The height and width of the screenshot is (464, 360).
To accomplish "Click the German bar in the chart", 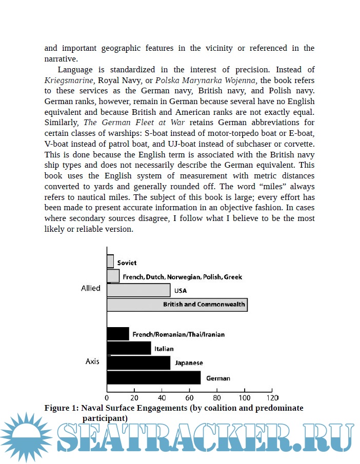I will (153, 378).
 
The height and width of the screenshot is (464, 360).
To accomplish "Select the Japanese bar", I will (138, 362).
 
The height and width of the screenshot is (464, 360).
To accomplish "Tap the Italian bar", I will (129, 349).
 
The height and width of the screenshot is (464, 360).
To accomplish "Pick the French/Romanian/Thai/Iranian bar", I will (118, 334).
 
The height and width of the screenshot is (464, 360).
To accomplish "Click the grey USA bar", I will (138, 290).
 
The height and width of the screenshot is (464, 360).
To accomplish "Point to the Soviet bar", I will (110, 261).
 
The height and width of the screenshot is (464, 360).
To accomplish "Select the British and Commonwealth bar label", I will (204, 304).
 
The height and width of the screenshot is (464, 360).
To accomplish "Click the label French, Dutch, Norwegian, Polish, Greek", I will (182, 277).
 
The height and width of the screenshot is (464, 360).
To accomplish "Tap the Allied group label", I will (91, 288).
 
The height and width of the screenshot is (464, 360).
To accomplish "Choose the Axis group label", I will (92, 361).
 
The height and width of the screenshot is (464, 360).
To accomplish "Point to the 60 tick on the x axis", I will (189, 397).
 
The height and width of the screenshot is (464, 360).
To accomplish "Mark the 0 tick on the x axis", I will (107, 397).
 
